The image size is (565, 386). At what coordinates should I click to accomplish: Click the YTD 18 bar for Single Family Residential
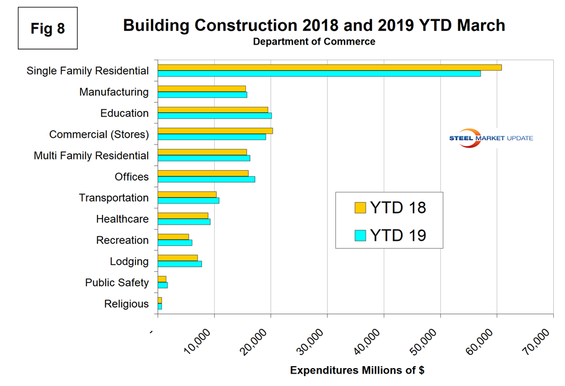pyautogui.click(x=329, y=67)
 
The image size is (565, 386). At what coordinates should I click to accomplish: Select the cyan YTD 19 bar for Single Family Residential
pyautogui.click(x=319, y=73)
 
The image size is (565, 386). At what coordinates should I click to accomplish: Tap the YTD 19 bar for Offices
pyautogui.click(x=206, y=179)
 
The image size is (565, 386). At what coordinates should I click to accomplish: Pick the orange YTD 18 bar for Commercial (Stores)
pyautogui.click(x=215, y=130)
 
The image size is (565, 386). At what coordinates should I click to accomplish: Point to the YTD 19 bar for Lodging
pyautogui.click(x=179, y=264)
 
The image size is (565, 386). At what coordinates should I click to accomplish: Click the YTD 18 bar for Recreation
pyautogui.click(x=173, y=236)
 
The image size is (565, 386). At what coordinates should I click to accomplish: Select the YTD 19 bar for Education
pyautogui.click(x=214, y=115)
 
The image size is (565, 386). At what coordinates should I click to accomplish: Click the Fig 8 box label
pyautogui.click(x=48, y=28)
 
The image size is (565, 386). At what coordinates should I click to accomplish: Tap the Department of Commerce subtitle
pyautogui.click(x=314, y=42)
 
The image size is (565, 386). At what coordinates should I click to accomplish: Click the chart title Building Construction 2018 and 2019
pyautogui.click(x=314, y=25)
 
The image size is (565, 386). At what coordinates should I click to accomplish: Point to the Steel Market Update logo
pyautogui.click(x=490, y=138)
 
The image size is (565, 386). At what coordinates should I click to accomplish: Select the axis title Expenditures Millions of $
pyautogui.click(x=357, y=370)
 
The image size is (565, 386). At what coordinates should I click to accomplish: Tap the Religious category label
pyautogui.click(x=127, y=304)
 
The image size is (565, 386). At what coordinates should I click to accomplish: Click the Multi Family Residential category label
pyautogui.click(x=91, y=156)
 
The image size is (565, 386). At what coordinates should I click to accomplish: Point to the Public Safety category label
pyautogui.click(x=117, y=283)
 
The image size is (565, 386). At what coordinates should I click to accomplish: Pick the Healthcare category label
pyautogui.click(x=122, y=219)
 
